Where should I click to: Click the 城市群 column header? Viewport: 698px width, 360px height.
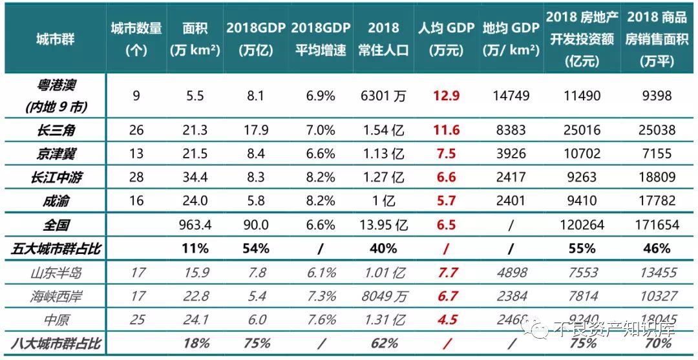click(55, 39)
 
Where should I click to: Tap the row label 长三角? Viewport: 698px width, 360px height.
click(56, 130)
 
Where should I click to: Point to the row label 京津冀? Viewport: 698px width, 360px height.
click(56, 153)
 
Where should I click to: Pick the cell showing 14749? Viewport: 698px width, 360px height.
click(511, 96)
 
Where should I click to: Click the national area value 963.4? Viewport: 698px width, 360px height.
click(195, 224)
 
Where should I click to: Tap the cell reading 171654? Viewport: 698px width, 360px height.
click(657, 224)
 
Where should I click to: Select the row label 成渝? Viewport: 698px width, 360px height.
click(56, 200)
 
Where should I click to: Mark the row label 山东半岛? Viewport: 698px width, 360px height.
click(56, 272)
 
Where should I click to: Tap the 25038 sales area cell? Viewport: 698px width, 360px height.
click(657, 130)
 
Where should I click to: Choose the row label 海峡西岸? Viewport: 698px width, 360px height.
click(56, 296)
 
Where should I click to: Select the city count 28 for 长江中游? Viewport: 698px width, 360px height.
click(136, 177)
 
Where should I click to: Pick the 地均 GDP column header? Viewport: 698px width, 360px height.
click(511, 39)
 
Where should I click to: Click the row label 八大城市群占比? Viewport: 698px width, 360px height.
click(56, 343)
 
